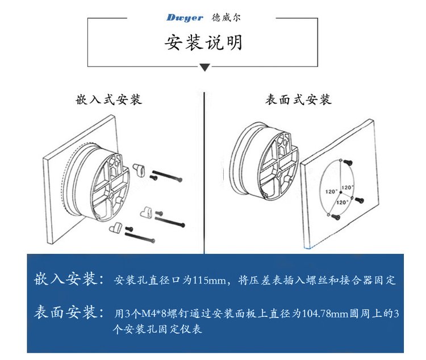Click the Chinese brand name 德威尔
pos(227,18)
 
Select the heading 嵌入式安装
pos(108,101)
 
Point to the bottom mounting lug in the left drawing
pos(115,227)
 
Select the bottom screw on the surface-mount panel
pos(336,216)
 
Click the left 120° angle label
pos(330,191)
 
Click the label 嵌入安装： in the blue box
pos(70,280)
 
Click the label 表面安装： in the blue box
pos(70,312)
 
